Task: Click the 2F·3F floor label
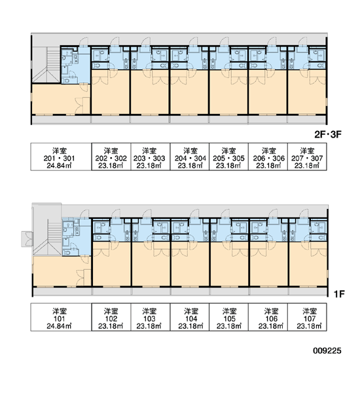click(x=328, y=134)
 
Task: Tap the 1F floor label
click(x=339, y=293)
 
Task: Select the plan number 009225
click(x=327, y=350)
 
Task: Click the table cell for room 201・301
click(x=61, y=157)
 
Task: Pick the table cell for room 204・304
click(x=190, y=157)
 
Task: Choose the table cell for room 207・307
click(x=307, y=157)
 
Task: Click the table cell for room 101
click(x=61, y=317)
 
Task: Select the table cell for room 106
click(x=268, y=317)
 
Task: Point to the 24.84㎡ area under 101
click(x=59, y=326)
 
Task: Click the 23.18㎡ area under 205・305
click(x=228, y=166)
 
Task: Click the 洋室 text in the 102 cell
click(x=111, y=311)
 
